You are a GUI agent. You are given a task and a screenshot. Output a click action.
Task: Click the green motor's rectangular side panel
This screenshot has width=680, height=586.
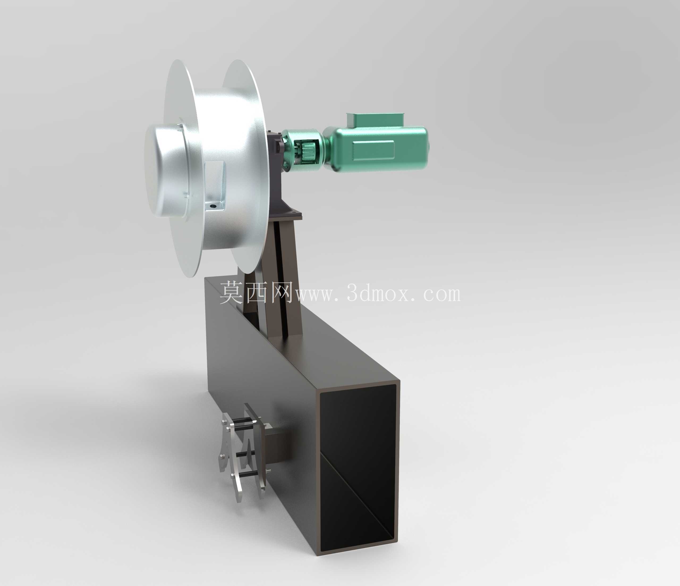(373, 151)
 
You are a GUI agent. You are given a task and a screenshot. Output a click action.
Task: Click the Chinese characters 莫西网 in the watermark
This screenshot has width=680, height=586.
(255, 292)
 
